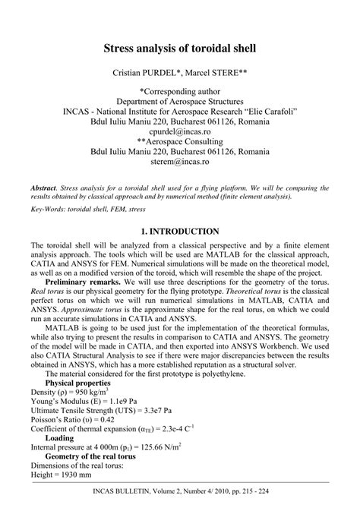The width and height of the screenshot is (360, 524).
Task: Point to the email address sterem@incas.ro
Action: pos(179,162)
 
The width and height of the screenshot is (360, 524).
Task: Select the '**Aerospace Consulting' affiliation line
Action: pos(179,140)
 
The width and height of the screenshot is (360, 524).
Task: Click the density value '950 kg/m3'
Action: pos(90,394)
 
